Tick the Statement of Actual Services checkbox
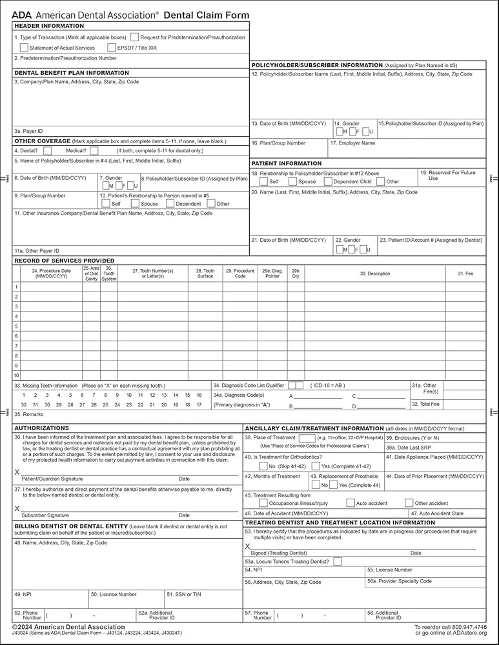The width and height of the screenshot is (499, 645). click(25, 48)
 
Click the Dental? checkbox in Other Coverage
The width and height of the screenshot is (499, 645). click(48, 150)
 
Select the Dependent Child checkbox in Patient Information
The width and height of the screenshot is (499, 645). click(328, 182)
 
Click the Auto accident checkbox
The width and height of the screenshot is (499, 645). click(351, 503)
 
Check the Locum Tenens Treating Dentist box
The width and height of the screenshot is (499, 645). click(338, 562)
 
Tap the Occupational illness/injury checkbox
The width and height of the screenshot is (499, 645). click(263, 503)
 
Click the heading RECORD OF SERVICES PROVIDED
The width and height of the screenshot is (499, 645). click(64, 261)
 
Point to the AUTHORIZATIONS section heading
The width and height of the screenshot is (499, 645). click(41, 428)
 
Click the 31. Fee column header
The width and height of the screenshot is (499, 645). click(465, 273)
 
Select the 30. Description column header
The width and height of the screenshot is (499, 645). click(374, 273)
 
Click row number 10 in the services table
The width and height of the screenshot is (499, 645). click(17, 375)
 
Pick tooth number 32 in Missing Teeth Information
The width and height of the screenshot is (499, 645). click(24, 405)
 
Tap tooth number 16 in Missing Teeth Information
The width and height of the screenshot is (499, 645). click(199, 395)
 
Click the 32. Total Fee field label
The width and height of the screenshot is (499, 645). click(426, 404)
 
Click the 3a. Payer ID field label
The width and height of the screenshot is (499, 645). click(28, 131)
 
